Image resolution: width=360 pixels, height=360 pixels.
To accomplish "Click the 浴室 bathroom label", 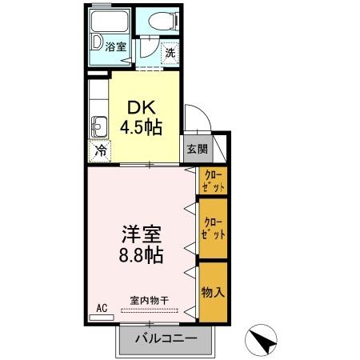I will pos(115,47).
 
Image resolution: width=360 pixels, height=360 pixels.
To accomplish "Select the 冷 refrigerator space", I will pos(102,150).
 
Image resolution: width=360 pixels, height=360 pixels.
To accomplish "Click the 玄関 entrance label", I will pos(198,148).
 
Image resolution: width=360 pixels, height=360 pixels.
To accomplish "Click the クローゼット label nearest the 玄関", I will pos(214,180).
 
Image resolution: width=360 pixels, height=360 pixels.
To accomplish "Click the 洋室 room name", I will pos(142,236).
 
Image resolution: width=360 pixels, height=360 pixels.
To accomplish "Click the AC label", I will pos(102,308).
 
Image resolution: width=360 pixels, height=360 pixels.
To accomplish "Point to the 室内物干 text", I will pos(150,301).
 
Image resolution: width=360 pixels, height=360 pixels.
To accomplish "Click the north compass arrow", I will pos(262,339).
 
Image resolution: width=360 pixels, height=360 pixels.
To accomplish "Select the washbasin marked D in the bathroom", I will pos(97,42).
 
